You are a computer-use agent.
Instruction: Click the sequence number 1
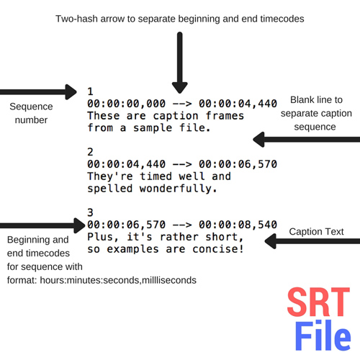(90, 91)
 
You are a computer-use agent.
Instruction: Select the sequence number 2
(90, 152)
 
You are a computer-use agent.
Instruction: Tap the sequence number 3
(90, 212)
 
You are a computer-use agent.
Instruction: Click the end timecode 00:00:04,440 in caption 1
(238, 104)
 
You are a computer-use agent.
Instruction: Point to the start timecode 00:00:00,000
(126, 104)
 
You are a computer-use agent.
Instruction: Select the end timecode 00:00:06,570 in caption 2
(238, 164)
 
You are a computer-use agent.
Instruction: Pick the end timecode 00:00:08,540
(238, 225)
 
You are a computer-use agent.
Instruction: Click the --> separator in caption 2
(182, 164)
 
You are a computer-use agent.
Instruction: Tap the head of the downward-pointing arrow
(180, 88)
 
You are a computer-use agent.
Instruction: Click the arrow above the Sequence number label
(38, 91)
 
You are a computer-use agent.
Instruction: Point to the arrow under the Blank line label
(307, 140)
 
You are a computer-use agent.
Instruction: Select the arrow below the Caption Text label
(312, 241)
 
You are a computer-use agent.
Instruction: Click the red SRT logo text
(318, 302)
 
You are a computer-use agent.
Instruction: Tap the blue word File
(323, 336)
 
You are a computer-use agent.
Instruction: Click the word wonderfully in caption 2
(179, 189)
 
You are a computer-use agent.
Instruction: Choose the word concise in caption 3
(218, 249)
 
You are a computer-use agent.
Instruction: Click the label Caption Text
(316, 232)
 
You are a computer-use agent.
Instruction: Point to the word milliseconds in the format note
(169, 280)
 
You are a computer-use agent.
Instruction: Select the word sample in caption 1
(153, 128)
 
